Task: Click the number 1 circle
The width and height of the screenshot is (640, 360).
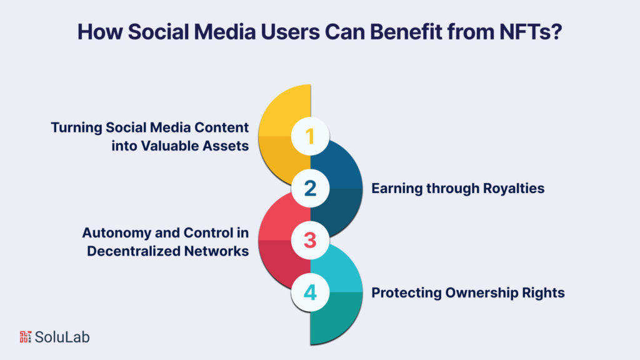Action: click(x=311, y=136)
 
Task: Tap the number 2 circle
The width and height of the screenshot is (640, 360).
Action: click(x=311, y=188)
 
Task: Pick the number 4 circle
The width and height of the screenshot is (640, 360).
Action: click(x=311, y=292)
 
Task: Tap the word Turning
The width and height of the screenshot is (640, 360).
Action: click(x=76, y=128)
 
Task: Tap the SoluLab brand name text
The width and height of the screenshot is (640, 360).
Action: click(x=62, y=337)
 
